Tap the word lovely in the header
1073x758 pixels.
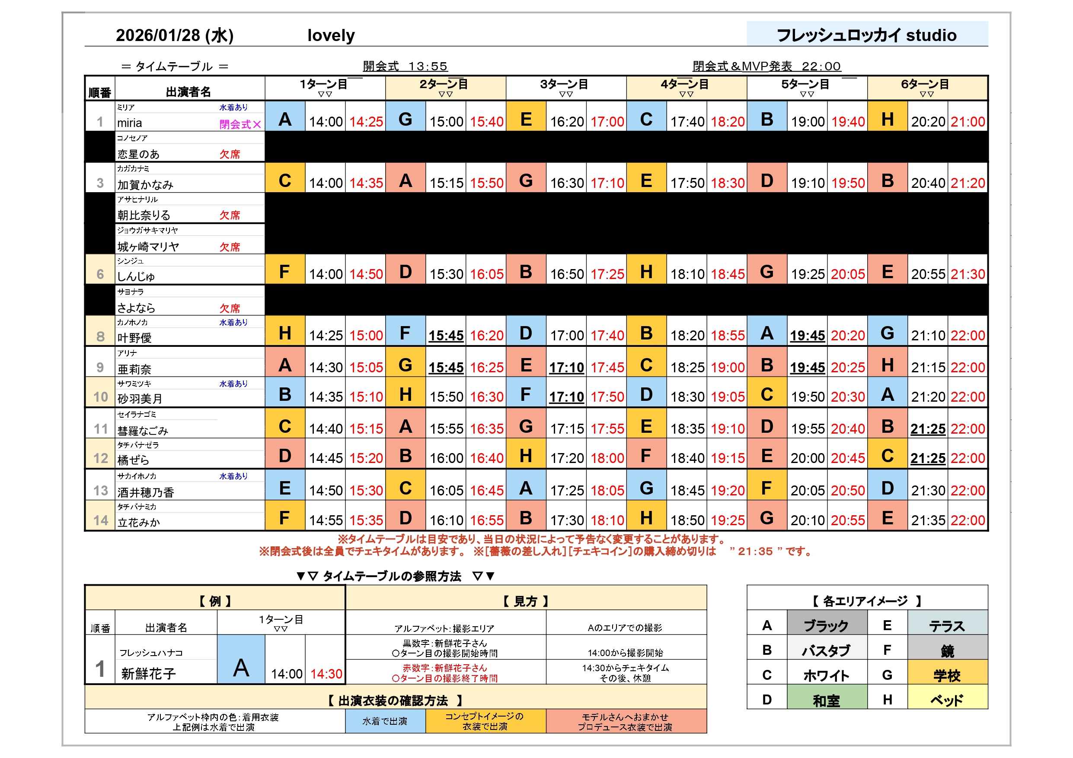click(331, 35)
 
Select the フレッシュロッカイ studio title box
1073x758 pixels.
click(866, 35)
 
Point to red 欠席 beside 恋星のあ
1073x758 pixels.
click(230, 154)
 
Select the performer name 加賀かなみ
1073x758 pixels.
click(145, 185)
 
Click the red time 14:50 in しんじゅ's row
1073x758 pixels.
click(366, 274)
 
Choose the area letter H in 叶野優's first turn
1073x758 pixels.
click(284, 333)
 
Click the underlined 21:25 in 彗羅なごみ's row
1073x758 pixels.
click(928, 429)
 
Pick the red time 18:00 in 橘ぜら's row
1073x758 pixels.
click(607, 458)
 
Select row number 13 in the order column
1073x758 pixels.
click(100, 490)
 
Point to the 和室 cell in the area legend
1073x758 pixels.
click(826, 701)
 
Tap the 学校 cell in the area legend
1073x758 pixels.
click(947, 676)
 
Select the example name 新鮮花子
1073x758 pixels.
click(148, 673)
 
